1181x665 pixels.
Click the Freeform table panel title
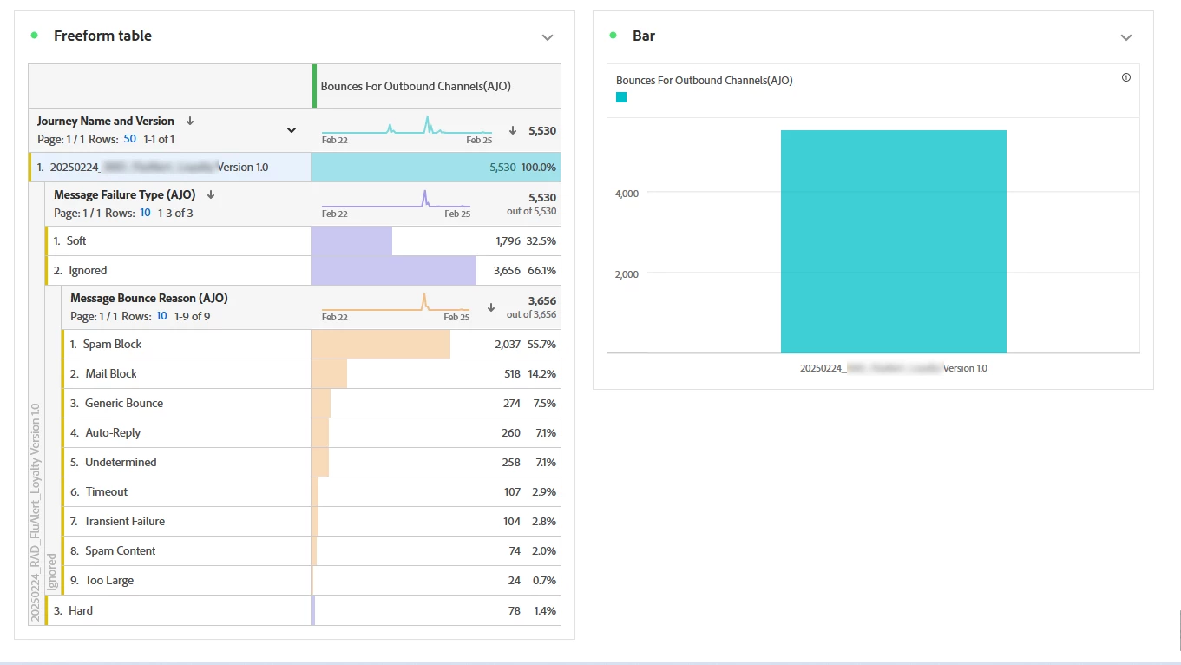(x=102, y=36)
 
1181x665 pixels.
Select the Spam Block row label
(x=112, y=345)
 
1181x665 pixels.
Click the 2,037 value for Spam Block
(x=507, y=345)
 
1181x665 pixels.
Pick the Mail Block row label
(x=111, y=374)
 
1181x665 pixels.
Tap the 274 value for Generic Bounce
(x=511, y=404)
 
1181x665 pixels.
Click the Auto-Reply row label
(x=113, y=433)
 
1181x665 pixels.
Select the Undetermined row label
(x=121, y=463)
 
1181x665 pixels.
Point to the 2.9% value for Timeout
(x=544, y=492)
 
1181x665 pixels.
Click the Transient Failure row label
(x=124, y=522)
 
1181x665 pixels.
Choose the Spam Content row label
(x=120, y=551)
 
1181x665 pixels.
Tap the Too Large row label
(x=109, y=581)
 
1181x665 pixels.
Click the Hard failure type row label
(x=81, y=611)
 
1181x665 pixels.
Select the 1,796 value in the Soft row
(x=508, y=241)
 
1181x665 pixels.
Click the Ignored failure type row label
(x=88, y=271)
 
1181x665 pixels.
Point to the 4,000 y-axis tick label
(x=627, y=194)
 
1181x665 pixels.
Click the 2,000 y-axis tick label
(x=627, y=274)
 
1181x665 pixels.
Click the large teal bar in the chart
(x=893, y=242)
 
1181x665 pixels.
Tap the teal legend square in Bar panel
(x=621, y=97)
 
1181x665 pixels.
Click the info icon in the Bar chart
(x=1126, y=77)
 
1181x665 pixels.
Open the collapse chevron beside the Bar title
(x=1126, y=37)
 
